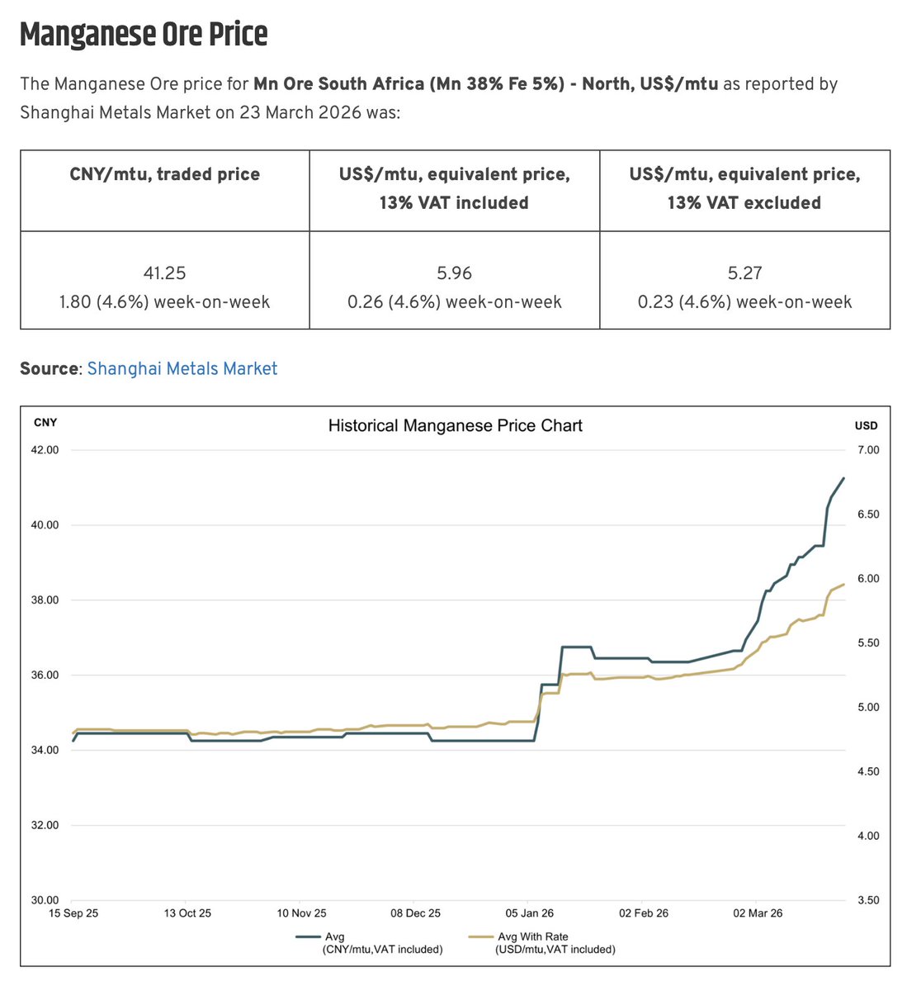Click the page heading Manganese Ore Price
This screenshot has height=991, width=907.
[x=144, y=35]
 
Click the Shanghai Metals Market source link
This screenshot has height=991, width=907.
[x=182, y=368]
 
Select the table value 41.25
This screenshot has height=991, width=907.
[x=164, y=273]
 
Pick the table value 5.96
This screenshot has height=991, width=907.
[x=454, y=273]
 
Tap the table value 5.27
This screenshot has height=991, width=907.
[x=744, y=273]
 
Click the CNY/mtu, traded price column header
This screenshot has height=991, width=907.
[x=164, y=174]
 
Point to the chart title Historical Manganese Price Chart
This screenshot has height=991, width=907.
[x=455, y=426]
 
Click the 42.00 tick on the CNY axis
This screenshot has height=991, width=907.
[x=45, y=450]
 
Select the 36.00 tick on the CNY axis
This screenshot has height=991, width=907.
[x=45, y=676]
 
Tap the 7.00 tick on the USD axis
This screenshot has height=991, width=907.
[x=868, y=450]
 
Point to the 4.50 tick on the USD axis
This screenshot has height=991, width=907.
[x=868, y=771]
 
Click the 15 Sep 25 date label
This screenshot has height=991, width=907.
[x=73, y=913]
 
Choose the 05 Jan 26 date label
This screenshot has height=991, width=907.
[x=530, y=913]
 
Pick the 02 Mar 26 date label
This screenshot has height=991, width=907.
[x=758, y=913]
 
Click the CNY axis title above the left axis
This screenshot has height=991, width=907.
[x=45, y=423]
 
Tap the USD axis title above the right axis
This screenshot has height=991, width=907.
[x=867, y=426]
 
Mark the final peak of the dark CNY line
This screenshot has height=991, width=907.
[x=843, y=477]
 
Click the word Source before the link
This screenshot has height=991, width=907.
[x=49, y=368]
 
